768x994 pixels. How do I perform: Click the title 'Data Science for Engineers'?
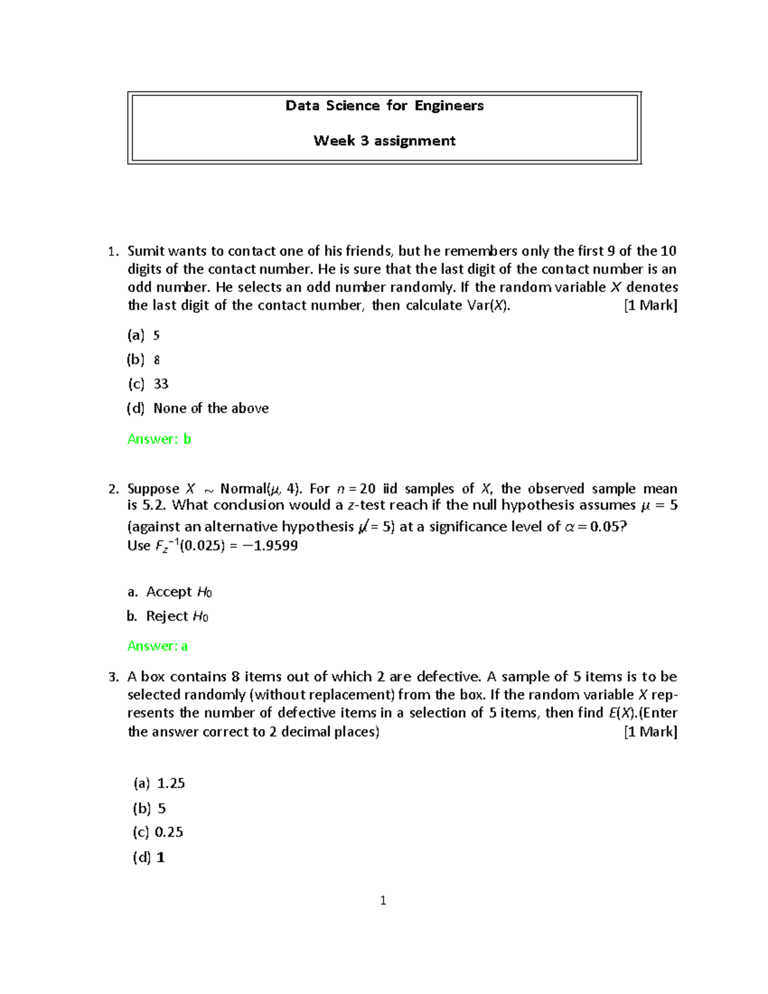coord(384,106)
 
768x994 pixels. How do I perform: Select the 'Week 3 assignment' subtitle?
coord(384,141)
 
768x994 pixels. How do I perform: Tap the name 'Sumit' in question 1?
coord(145,251)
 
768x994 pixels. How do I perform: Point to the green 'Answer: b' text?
coord(159,439)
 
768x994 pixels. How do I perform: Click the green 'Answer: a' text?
coord(157,646)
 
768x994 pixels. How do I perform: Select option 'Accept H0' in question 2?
coord(179,592)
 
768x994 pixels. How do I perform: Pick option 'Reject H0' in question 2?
coord(177,616)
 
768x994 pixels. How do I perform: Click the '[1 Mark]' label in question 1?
coord(650,305)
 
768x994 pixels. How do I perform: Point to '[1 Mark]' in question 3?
coord(650,732)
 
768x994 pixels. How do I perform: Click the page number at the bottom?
coord(383,901)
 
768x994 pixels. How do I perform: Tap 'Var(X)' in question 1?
coord(488,305)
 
